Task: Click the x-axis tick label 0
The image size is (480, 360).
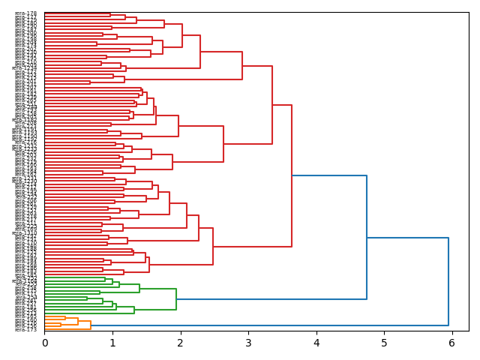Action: pyautogui.click(x=44, y=343)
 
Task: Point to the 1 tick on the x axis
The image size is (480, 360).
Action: pyautogui.click(x=112, y=343)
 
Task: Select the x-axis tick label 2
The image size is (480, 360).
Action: pyautogui.click(x=180, y=343)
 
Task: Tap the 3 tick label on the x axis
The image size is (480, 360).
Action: pyautogui.click(x=248, y=343)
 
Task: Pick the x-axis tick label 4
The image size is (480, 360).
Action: pyautogui.click(x=316, y=343)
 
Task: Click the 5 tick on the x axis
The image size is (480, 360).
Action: pyautogui.click(x=384, y=343)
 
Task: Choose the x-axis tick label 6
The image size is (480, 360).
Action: pyautogui.click(x=451, y=343)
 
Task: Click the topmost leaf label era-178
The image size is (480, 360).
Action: pyautogui.click(x=26, y=13)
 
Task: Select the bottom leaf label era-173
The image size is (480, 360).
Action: pyautogui.click(x=26, y=329)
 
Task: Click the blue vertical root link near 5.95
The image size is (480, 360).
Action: pyautogui.click(x=448, y=281)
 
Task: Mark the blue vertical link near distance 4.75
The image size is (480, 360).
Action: pyautogui.click(x=367, y=237)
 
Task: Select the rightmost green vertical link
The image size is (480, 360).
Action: pyautogui.click(x=176, y=299)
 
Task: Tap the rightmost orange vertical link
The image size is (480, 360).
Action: pyautogui.click(x=91, y=325)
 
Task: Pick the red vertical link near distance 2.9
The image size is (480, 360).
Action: pyautogui.click(x=242, y=66)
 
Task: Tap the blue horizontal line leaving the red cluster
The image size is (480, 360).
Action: pyautogui.click(x=329, y=175)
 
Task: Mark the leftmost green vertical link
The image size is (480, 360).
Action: pyautogui.click(x=87, y=297)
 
